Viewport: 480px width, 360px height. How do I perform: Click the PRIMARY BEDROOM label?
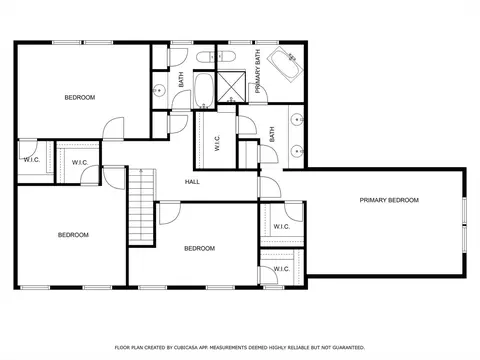(389, 200)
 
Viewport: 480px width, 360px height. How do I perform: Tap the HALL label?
(192, 181)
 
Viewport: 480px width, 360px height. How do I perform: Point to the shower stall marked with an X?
(231, 87)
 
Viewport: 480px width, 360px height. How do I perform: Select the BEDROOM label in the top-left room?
(80, 97)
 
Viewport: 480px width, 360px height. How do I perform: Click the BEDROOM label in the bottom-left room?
(72, 235)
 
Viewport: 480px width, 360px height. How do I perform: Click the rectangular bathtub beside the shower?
(203, 90)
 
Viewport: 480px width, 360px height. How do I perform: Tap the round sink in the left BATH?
(159, 91)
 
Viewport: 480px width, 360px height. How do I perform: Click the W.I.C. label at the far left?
(31, 159)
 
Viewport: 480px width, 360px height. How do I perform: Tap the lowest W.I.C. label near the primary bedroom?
(281, 269)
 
